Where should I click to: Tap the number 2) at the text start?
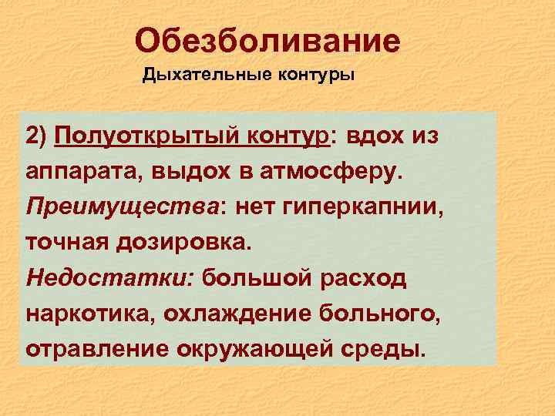(37, 136)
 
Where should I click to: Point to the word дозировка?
(185, 243)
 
